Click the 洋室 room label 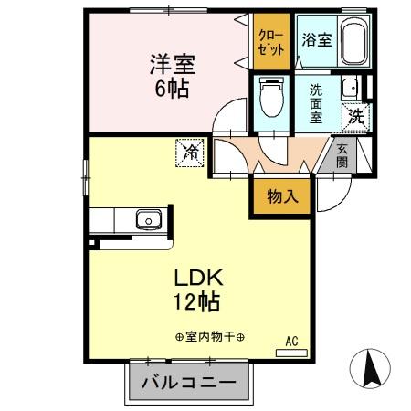pyautogui.click(x=172, y=66)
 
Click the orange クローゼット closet pyautogui.click(x=271, y=41)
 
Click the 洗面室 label pyautogui.click(x=315, y=102)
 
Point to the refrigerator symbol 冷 pyautogui.click(x=189, y=152)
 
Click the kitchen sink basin pyautogui.click(x=146, y=219)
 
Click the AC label pyautogui.click(x=292, y=341)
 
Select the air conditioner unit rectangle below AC pyautogui.click(x=290, y=351)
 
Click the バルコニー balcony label pyautogui.click(x=188, y=382)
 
